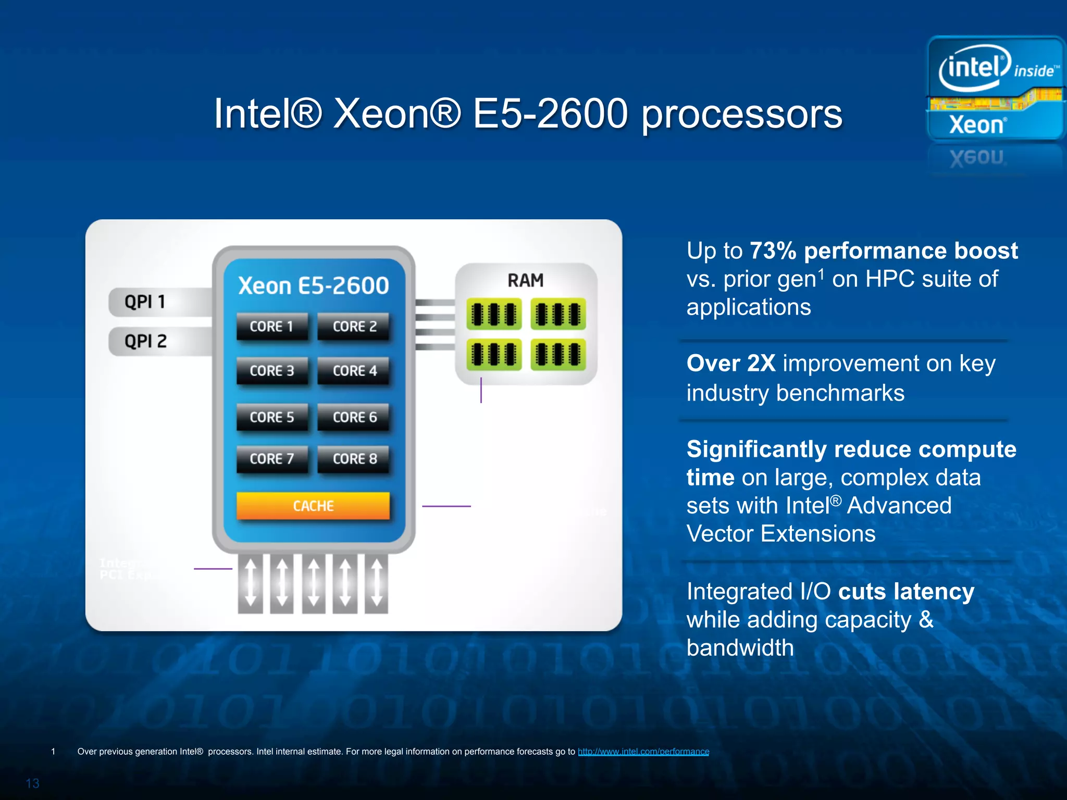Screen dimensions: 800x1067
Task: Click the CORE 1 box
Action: coord(271,327)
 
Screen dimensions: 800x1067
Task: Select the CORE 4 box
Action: coord(354,371)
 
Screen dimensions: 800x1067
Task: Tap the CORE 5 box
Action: coord(271,417)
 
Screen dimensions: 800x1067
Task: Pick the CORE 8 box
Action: coord(354,459)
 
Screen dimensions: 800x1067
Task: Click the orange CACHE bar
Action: coord(313,506)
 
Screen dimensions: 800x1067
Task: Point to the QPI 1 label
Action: coord(145,302)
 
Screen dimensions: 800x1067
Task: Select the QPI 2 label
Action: coord(145,341)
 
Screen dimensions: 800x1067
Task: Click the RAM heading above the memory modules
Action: coord(526,281)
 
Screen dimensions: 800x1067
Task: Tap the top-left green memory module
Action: coord(494,314)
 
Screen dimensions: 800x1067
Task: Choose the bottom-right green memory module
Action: coord(558,355)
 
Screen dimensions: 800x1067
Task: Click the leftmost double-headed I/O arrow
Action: coord(251,582)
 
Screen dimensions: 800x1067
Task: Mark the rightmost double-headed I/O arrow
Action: coord(377,582)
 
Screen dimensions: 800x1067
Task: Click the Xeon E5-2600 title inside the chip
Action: coord(314,285)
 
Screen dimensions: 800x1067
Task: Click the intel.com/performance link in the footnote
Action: coord(643,752)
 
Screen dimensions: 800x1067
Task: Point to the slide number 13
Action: coord(33,783)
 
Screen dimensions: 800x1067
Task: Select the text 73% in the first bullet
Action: coord(773,251)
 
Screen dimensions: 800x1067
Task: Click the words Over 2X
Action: coord(731,364)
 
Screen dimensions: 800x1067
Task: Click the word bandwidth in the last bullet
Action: coord(740,648)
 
